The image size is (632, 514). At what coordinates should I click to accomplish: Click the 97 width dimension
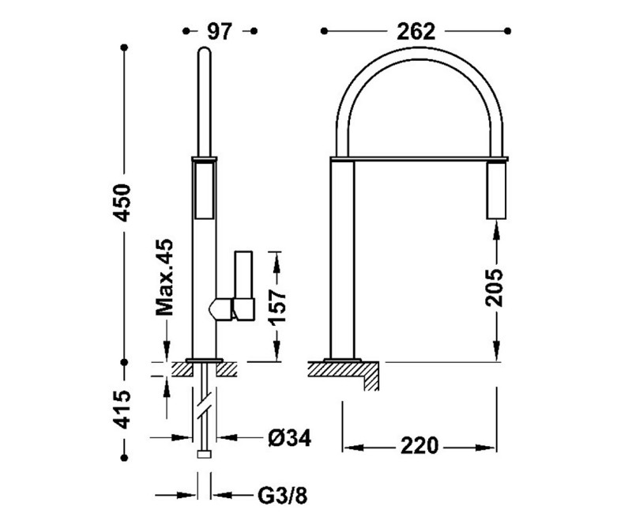point(220,31)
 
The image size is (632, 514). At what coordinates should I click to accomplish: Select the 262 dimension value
point(416,31)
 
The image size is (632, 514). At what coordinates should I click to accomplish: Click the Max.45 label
point(164,279)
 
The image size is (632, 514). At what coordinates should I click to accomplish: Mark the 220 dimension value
point(418,446)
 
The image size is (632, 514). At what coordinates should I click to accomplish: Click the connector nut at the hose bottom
point(204,455)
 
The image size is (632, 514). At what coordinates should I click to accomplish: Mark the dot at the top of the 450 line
point(124,48)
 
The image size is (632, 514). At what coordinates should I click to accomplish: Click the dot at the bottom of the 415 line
point(124,455)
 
